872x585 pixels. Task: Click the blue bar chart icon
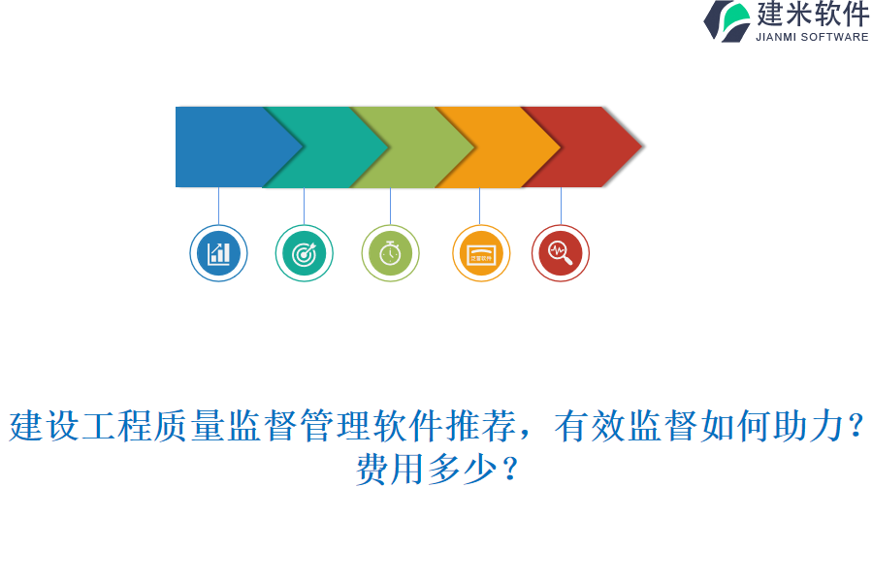(x=218, y=254)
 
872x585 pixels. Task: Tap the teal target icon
(x=305, y=254)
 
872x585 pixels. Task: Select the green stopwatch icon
(x=390, y=254)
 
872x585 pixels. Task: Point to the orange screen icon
(x=480, y=254)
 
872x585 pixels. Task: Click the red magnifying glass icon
(x=561, y=254)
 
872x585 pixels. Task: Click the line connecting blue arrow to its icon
(x=218, y=206)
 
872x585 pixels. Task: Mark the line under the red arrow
(x=561, y=206)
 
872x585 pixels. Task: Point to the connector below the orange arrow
(x=479, y=206)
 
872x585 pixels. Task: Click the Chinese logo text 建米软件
(x=813, y=15)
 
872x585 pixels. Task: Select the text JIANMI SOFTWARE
(x=812, y=37)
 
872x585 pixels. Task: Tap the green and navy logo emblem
(x=727, y=20)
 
